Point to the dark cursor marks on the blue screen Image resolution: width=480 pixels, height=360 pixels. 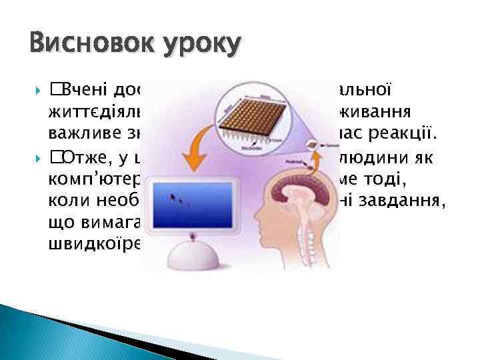pos(177,198)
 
